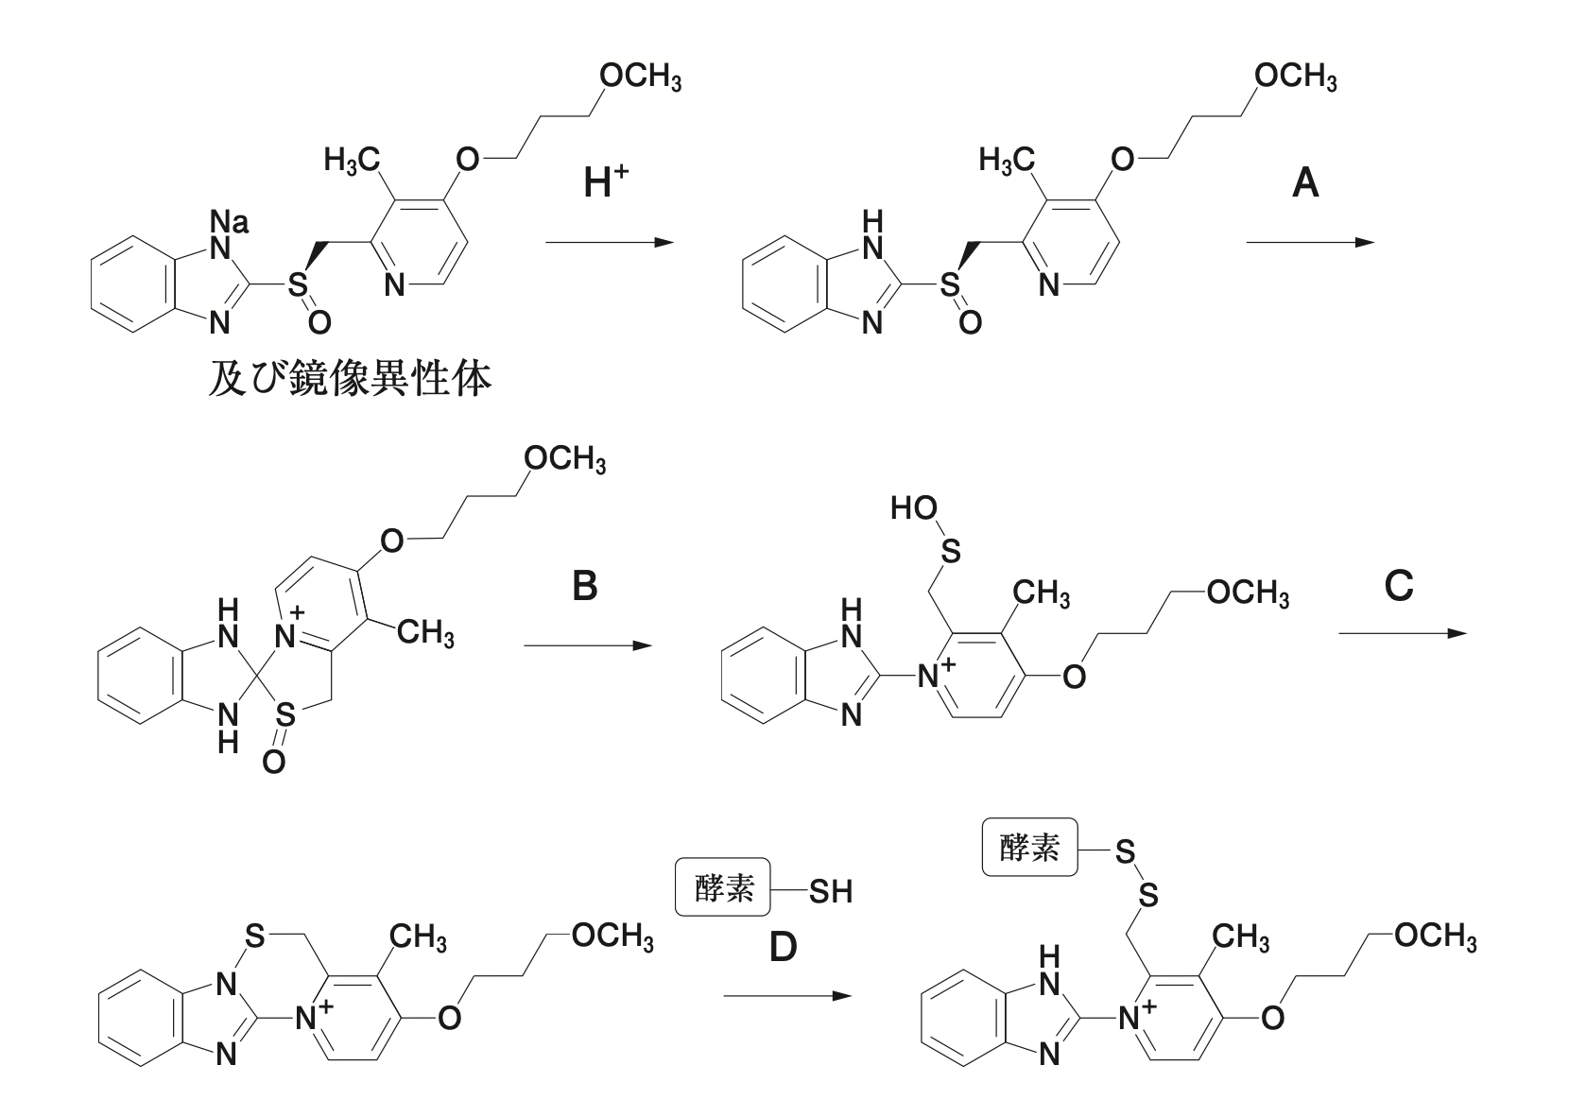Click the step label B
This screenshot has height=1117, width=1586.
[x=585, y=588]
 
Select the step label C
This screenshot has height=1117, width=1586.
[x=1398, y=587]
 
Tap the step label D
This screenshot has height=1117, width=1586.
[x=783, y=947]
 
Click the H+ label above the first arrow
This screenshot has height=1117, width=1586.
[x=606, y=181]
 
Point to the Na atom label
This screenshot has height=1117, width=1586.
[x=230, y=223]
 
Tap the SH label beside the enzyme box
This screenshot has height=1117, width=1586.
[x=829, y=891]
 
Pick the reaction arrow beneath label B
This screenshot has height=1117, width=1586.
[x=587, y=646]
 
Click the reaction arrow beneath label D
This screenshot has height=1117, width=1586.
[x=782, y=996]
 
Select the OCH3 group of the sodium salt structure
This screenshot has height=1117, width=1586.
[x=640, y=77]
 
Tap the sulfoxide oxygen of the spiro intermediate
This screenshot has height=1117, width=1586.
[x=273, y=762]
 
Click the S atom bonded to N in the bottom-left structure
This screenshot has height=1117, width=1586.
[x=253, y=937]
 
